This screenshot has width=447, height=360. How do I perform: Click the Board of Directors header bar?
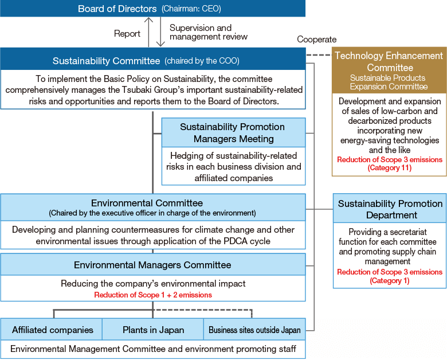click(x=153, y=8)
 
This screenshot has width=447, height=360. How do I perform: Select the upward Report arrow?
click(x=148, y=32)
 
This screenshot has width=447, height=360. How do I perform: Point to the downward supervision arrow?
click(x=160, y=32)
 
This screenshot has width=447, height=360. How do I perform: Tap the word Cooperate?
click(x=317, y=40)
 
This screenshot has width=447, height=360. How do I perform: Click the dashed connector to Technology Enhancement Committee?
click(x=319, y=55)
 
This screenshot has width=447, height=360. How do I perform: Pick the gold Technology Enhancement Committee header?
click(x=389, y=71)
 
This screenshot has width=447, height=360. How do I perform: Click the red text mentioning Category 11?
click(x=390, y=163)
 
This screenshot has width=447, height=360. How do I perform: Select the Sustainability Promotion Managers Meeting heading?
click(x=233, y=132)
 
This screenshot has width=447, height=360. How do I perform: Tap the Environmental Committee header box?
click(x=153, y=208)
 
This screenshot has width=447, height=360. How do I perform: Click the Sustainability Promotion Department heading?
click(x=390, y=209)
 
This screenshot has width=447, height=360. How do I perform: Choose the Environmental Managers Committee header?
click(x=153, y=265)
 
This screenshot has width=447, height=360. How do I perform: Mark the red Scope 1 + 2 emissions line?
click(x=153, y=295)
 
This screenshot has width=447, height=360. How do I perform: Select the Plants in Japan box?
click(x=153, y=330)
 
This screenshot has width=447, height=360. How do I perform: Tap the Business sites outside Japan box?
click(x=254, y=330)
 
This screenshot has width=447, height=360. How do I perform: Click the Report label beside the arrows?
click(x=127, y=34)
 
